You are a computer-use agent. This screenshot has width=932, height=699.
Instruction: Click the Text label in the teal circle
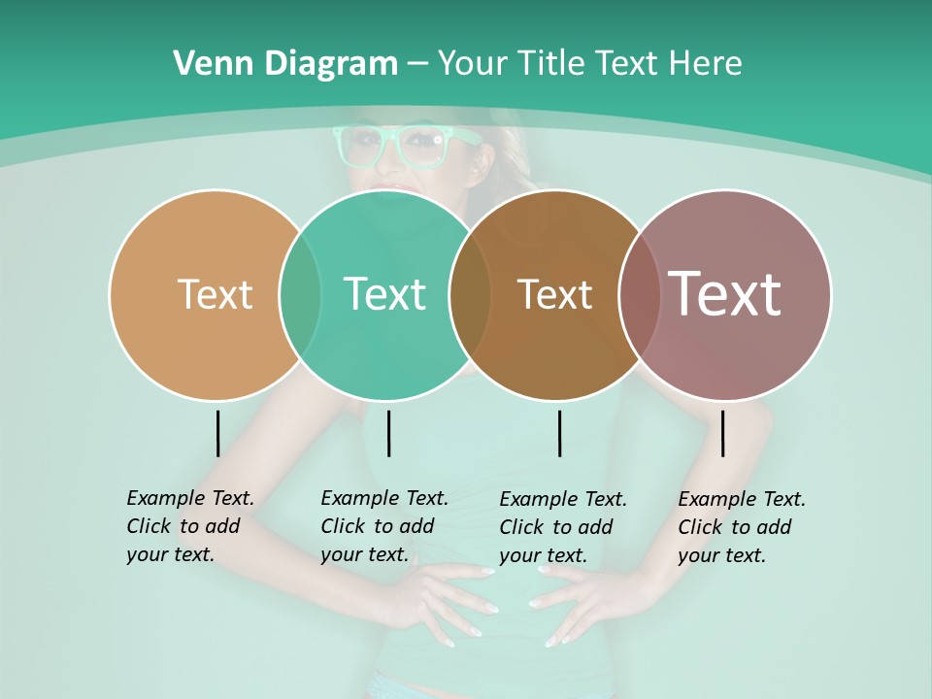(384, 294)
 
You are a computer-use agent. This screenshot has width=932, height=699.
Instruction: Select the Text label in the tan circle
(215, 294)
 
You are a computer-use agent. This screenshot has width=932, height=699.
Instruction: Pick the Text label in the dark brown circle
(554, 294)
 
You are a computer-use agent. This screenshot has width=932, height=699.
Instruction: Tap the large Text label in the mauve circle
(725, 294)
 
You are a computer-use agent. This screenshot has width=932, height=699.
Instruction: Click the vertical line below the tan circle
(217, 433)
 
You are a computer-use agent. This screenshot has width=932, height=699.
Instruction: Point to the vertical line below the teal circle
(388, 433)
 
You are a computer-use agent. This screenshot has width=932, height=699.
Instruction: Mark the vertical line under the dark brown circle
(559, 433)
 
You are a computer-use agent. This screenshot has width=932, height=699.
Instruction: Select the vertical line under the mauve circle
(722, 433)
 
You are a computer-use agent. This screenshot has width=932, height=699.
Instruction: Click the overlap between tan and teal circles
(300, 295)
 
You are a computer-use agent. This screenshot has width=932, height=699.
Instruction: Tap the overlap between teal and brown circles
(470, 295)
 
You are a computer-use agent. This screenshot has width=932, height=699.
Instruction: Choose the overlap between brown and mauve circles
(639, 295)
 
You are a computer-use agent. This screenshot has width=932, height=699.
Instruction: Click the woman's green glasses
(405, 146)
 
